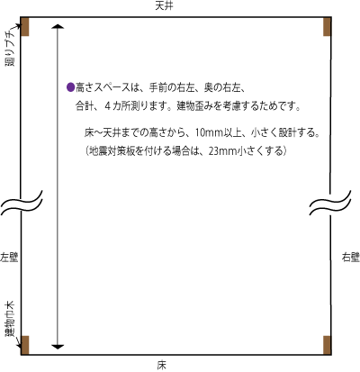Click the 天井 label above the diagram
click(x=164, y=6)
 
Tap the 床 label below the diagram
click(x=161, y=365)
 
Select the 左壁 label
click(x=9, y=258)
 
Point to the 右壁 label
click(x=351, y=258)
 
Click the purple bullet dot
click(x=70, y=87)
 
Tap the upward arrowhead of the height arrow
click(x=58, y=26)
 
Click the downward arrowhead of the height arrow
click(x=58, y=347)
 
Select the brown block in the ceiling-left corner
click(x=25, y=26)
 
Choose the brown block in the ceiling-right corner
click(x=327, y=26)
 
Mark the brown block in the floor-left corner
click(x=25, y=345)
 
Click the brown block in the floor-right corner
click(x=327, y=345)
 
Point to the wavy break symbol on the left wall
click(x=22, y=203)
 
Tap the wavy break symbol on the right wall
click(x=330, y=203)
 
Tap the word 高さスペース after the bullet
click(x=103, y=87)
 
